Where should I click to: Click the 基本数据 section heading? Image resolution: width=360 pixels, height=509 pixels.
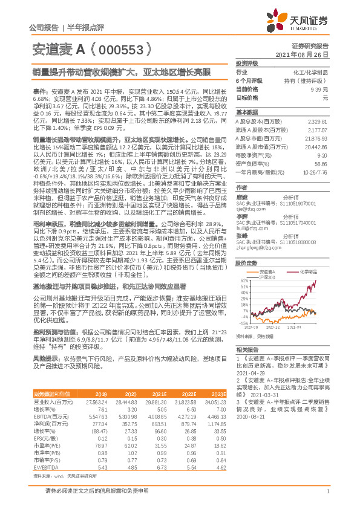pos(246,112)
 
